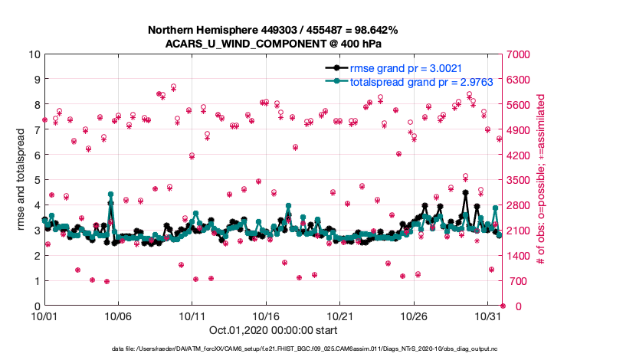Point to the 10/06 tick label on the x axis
coord(119,316)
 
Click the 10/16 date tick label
coord(267,316)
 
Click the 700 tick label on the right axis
coord(514,281)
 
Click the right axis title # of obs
coord(541,180)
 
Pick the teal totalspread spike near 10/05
coord(111,195)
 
